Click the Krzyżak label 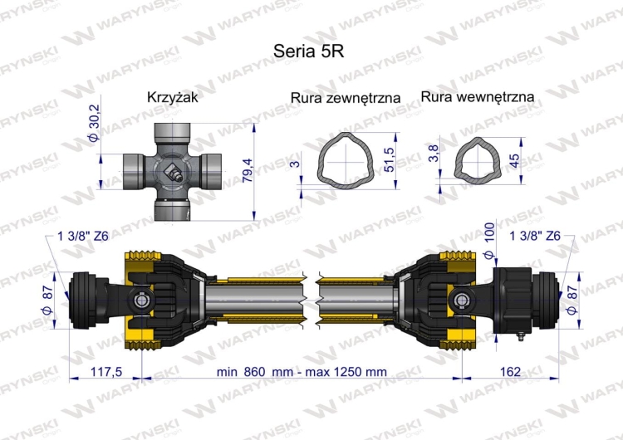(171, 96)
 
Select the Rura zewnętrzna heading (346, 98)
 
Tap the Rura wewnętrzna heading (477, 97)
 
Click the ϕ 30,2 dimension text (94, 123)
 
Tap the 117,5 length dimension (106, 372)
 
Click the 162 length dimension (511, 372)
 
